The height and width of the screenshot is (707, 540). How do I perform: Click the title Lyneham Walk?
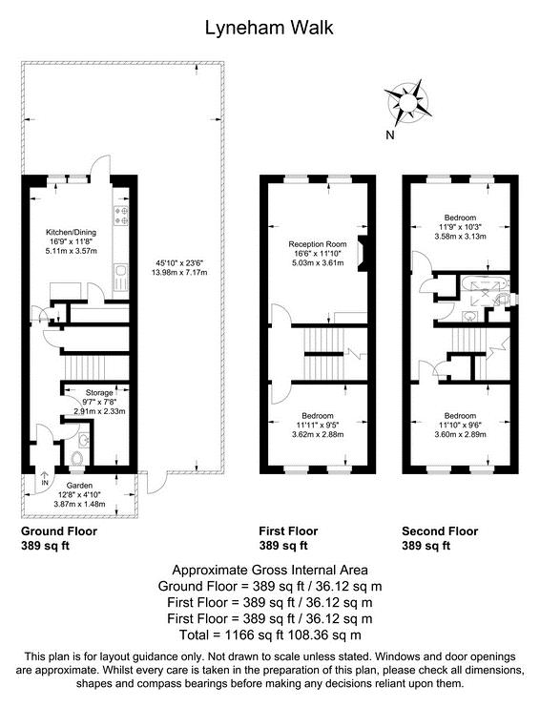click(270, 28)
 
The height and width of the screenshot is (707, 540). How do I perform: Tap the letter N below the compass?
click(389, 135)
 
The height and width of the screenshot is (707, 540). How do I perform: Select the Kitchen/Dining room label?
click(73, 232)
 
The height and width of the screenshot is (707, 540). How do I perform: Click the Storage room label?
click(100, 392)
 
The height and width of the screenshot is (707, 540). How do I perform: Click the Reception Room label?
click(318, 244)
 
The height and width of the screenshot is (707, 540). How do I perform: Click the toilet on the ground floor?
click(77, 460)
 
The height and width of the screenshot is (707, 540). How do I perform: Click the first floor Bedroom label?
click(318, 416)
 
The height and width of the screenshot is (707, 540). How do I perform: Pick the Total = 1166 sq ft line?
click(270, 634)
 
